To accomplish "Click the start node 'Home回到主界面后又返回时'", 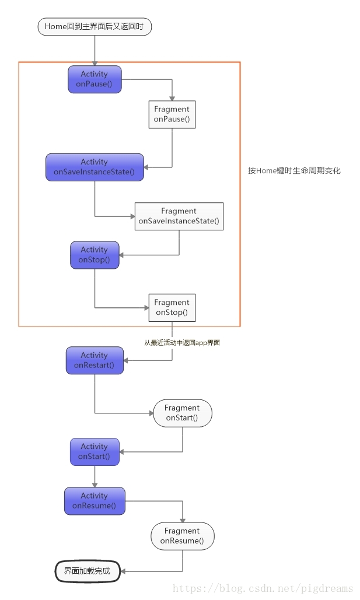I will point(95,26).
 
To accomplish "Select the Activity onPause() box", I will point(95,79).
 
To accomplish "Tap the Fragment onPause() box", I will point(172,114).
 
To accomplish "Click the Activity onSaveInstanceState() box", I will point(95,167).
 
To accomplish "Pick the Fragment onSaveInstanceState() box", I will point(179,216).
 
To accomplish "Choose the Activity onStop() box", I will point(95,255).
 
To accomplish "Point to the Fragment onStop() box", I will point(172,307).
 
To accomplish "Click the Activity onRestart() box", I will point(95,360).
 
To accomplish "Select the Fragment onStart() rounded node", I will point(182,413).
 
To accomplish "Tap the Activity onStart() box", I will point(95,452).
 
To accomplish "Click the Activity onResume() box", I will point(95,501).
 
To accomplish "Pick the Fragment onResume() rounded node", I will point(182,536).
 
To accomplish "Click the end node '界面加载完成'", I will point(87,571).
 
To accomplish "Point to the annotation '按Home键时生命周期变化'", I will point(294,171).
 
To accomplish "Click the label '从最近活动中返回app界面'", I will point(182,343).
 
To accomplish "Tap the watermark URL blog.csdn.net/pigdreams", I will point(263,588).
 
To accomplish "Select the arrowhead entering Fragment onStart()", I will point(149,413).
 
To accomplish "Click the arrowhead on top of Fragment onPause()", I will point(172,98).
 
